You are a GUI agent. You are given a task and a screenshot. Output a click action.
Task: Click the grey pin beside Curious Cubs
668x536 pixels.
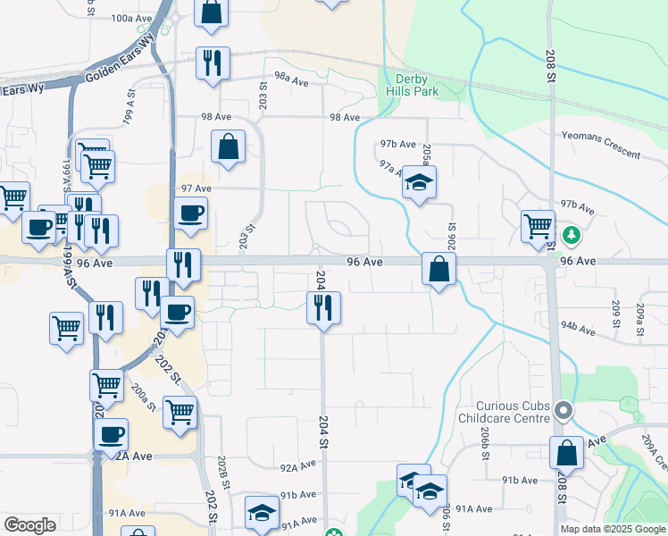(x=564, y=411)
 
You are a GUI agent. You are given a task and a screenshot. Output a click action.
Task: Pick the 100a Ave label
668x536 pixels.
(x=132, y=18)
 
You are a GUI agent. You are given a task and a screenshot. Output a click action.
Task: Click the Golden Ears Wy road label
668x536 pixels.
(x=121, y=73)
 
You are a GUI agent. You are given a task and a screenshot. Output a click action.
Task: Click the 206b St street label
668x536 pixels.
(x=484, y=442)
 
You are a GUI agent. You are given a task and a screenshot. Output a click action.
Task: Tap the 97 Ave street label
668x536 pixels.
(x=196, y=188)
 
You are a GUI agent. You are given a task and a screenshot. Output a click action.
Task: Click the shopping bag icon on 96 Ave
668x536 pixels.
(x=439, y=269)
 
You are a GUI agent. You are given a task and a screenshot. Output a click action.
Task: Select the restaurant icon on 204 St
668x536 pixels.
(x=323, y=308)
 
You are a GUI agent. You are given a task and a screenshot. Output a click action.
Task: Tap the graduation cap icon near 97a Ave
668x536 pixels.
(x=418, y=183)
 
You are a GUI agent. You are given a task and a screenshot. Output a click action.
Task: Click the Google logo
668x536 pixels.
(x=29, y=525)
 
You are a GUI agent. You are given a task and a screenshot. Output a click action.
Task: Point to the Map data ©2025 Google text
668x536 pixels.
(x=613, y=529)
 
